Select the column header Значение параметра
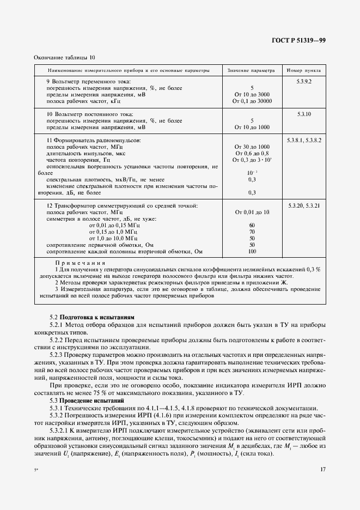click(x=252, y=71)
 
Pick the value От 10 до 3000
click(x=252, y=94)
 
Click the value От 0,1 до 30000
click(x=252, y=101)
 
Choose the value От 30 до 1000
click(x=252, y=147)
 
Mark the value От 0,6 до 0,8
click(x=252, y=154)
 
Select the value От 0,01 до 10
click(x=252, y=212)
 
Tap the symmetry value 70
click(x=252, y=232)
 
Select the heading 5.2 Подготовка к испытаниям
click(x=91, y=317)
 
